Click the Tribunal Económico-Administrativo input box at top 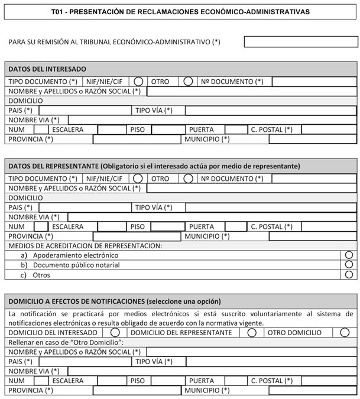point(300,42)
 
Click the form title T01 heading point(180,12)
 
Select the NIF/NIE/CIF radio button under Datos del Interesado point(138,81)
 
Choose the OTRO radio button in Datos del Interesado point(188,81)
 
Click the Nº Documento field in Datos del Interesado point(314,81)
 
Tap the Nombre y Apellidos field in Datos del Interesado point(251,91)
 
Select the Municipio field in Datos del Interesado point(313,140)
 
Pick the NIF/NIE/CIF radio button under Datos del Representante point(138,178)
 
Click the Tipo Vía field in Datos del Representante point(271,207)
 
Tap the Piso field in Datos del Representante point(168,226)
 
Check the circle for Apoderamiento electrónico point(349,255)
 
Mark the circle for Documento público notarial point(349,265)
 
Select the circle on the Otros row point(349,275)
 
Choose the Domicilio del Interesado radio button point(115,332)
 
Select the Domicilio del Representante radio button point(252,332)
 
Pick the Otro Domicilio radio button point(345,332)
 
